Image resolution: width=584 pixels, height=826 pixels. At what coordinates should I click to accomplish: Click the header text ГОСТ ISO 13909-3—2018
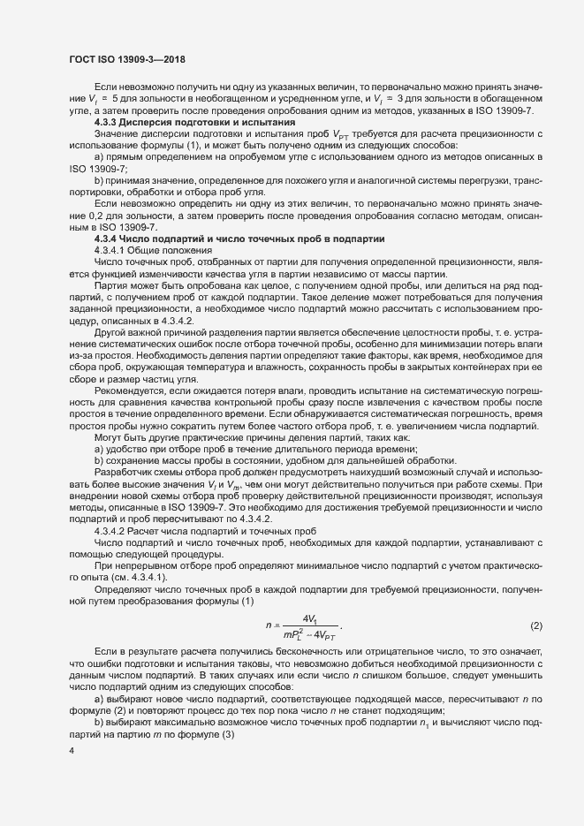pos(122,58)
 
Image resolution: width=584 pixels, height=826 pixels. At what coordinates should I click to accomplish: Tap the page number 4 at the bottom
pos(70,751)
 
